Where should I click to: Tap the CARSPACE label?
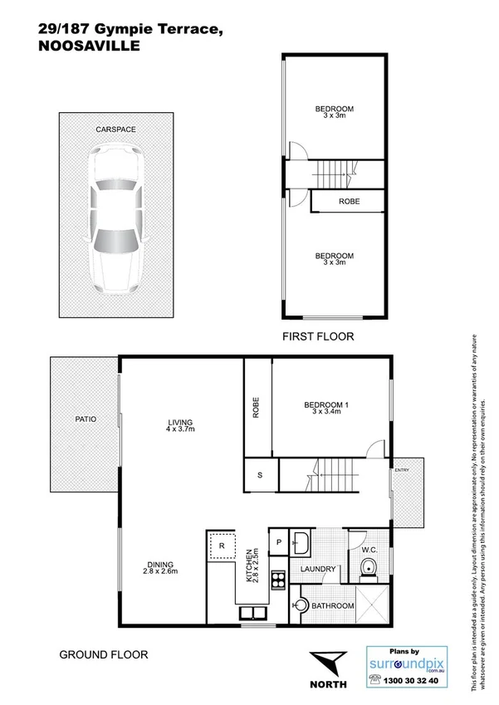(115, 130)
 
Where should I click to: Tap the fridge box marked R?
(221, 546)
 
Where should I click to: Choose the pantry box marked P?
(278, 543)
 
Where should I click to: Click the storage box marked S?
(260, 476)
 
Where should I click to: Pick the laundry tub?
(302, 544)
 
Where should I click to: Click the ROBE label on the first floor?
(348, 202)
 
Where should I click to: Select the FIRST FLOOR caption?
(318, 336)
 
